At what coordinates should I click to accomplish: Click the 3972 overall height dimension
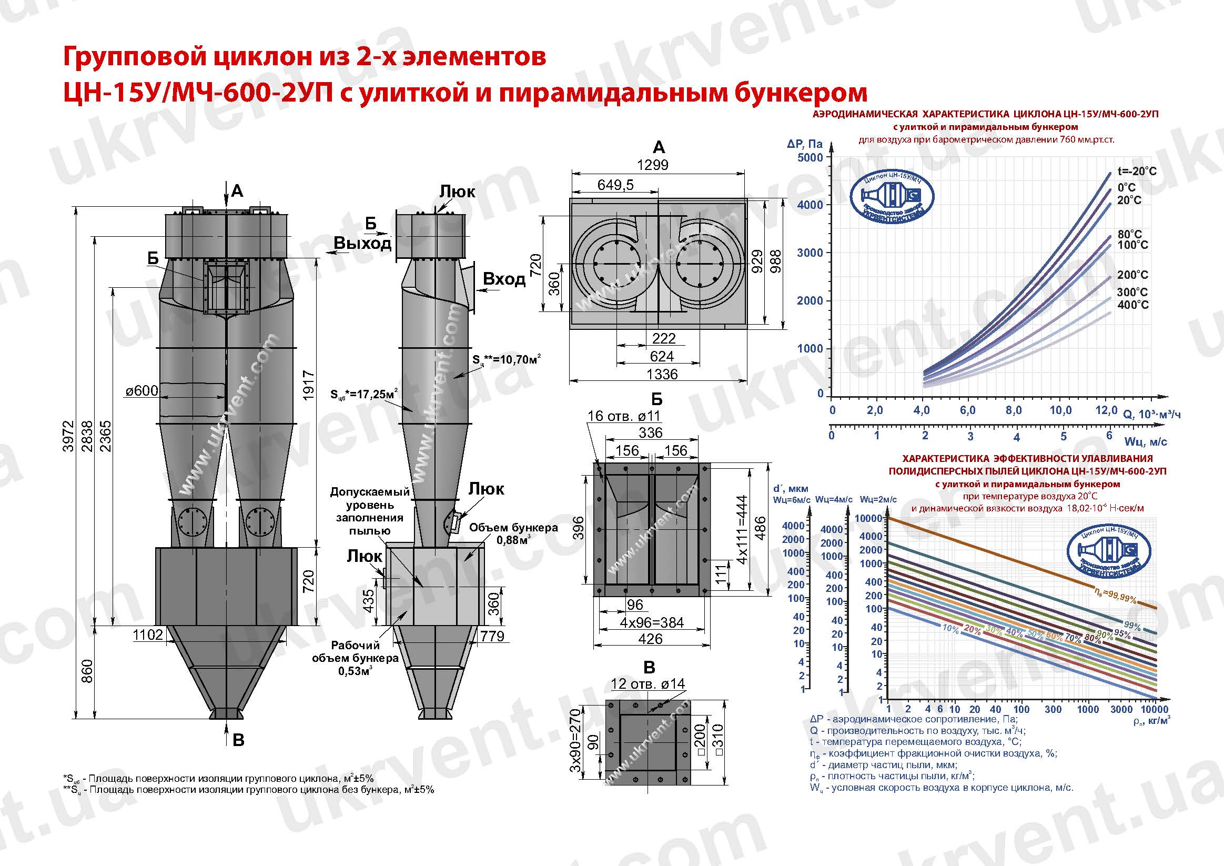tap(68, 436)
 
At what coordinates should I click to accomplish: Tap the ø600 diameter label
tap(142, 391)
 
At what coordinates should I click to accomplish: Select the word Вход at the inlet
tap(504, 279)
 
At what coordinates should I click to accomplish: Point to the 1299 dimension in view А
tap(653, 165)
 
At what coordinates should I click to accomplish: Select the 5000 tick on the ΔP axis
tap(810, 157)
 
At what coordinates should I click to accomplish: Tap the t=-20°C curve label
tap(1137, 171)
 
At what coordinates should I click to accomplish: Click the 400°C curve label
tap(1133, 305)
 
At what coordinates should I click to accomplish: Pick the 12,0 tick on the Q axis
tap(1106, 410)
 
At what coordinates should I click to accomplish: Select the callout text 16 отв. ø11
tap(624, 416)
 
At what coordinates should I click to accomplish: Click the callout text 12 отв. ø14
tap(648, 683)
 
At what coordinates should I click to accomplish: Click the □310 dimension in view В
tap(717, 739)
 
